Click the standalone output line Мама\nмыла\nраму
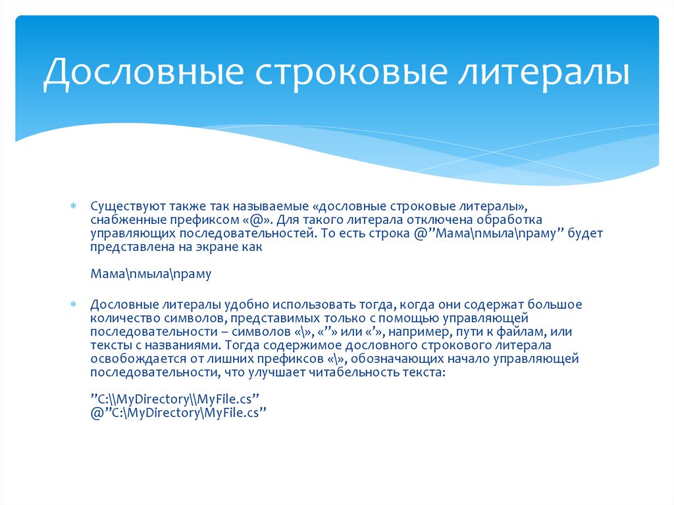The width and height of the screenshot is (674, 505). point(151,274)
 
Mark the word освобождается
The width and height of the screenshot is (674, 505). point(131,359)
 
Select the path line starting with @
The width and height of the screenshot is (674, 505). point(177,413)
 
